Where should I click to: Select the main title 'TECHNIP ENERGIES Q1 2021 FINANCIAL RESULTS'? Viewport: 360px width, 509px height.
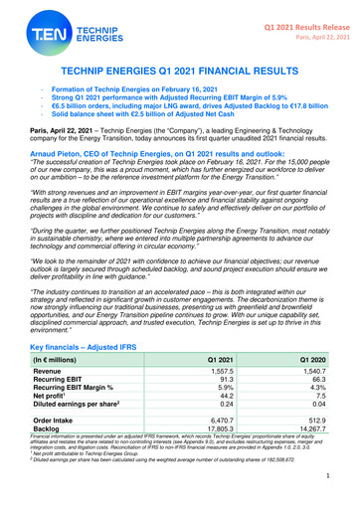pos(180,75)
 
